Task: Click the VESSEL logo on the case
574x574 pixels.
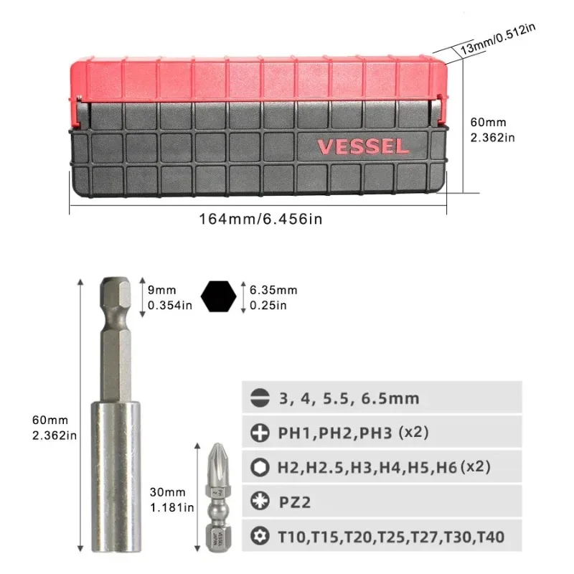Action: (363, 146)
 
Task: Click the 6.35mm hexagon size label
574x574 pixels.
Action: (273, 297)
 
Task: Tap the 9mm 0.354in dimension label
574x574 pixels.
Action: (170, 297)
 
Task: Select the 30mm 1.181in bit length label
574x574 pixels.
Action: (170, 500)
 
